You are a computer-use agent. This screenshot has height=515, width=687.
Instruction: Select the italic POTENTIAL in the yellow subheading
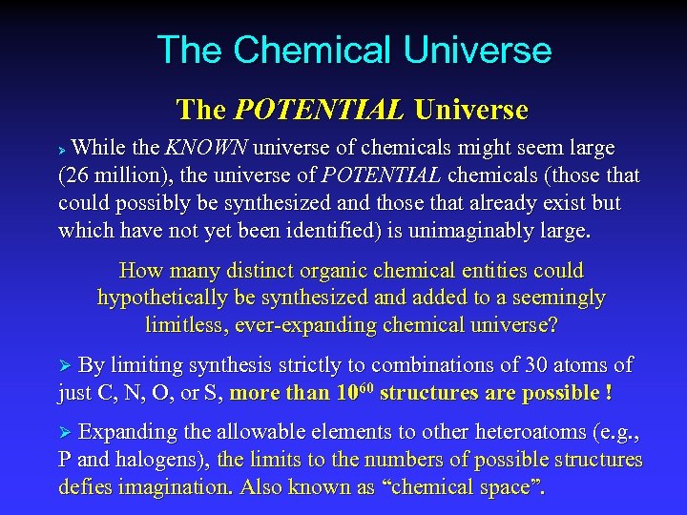point(319,110)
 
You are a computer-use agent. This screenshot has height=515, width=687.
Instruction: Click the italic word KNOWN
point(207,149)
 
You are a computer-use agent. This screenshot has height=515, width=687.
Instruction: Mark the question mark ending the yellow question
point(552,325)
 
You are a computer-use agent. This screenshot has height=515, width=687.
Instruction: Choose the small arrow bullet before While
point(64,150)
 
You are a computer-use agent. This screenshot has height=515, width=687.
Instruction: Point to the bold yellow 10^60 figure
point(355,392)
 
